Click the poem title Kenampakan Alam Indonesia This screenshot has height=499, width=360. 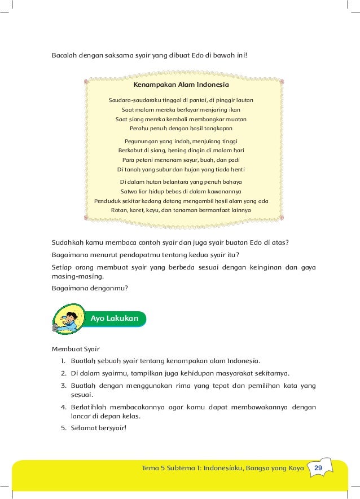[181, 85]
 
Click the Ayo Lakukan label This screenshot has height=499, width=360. [114, 319]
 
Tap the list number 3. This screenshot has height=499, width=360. [64, 386]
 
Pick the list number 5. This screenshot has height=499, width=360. [64, 427]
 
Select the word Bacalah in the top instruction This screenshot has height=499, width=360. [65, 56]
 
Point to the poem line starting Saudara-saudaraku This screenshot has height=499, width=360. [181, 100]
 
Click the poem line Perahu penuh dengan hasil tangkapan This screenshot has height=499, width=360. [181, 129]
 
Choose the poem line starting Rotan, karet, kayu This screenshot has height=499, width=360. [181, 210]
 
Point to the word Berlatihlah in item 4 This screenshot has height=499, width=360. [90, 407]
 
